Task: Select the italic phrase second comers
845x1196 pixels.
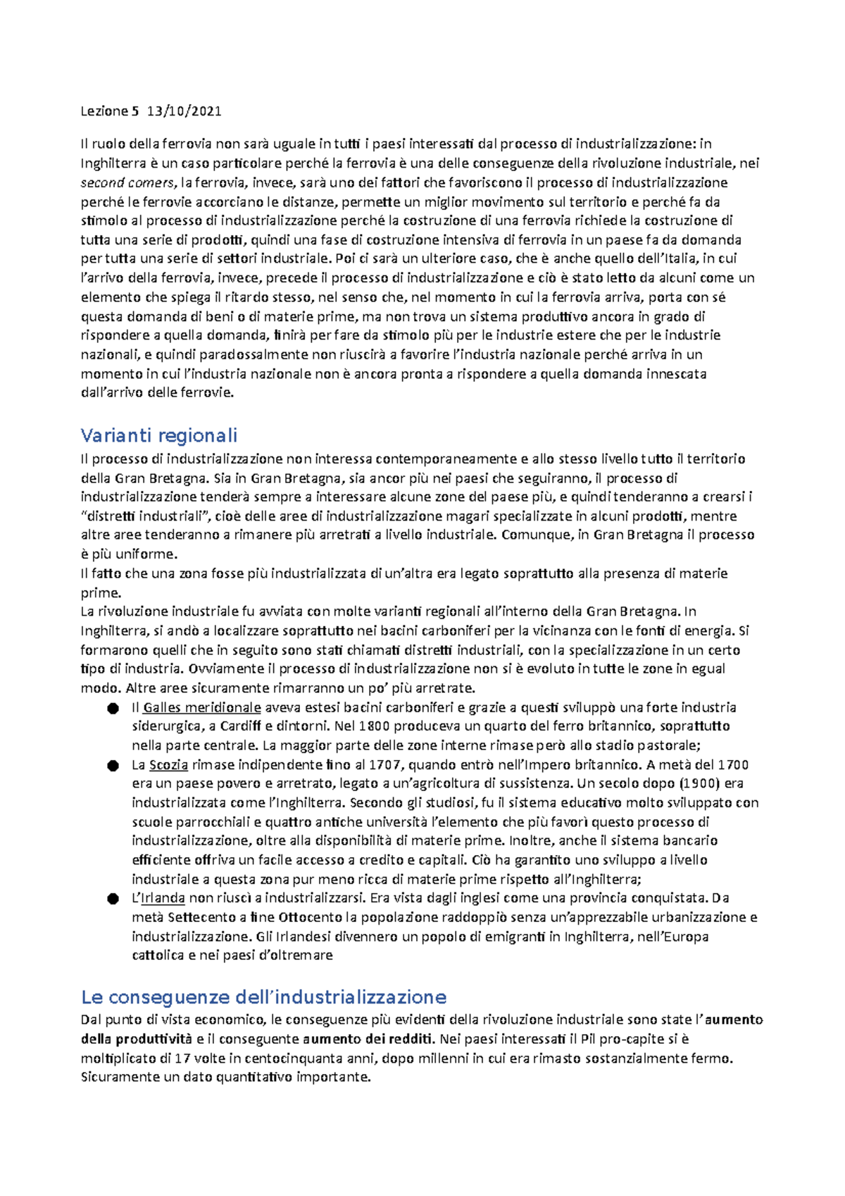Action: tap(127, 183)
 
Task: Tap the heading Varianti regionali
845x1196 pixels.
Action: tap(158, 435)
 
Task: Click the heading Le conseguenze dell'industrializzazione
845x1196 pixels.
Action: tap(263, 997)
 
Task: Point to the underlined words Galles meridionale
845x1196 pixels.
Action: tap(202, 707)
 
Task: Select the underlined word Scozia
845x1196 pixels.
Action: tap(168, 765)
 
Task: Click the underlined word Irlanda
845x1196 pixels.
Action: tap(163, 898)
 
